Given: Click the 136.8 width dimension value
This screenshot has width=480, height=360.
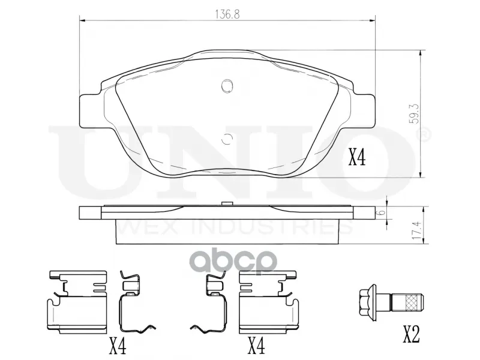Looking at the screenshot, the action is click(227, 14).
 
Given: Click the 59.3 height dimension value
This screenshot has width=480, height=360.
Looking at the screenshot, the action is click(414, 113).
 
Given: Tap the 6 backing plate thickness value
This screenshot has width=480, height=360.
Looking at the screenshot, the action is click(380, 213).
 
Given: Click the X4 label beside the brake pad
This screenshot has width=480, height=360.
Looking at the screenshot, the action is click(358, 158).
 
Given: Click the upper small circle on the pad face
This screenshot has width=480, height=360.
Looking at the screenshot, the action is click(227, 86).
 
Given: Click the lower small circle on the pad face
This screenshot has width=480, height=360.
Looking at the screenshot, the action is click(227, 139).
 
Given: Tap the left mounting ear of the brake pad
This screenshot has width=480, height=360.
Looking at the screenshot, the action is click(91, 111).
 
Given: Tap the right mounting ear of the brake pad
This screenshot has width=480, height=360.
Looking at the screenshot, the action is click(364, 111).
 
